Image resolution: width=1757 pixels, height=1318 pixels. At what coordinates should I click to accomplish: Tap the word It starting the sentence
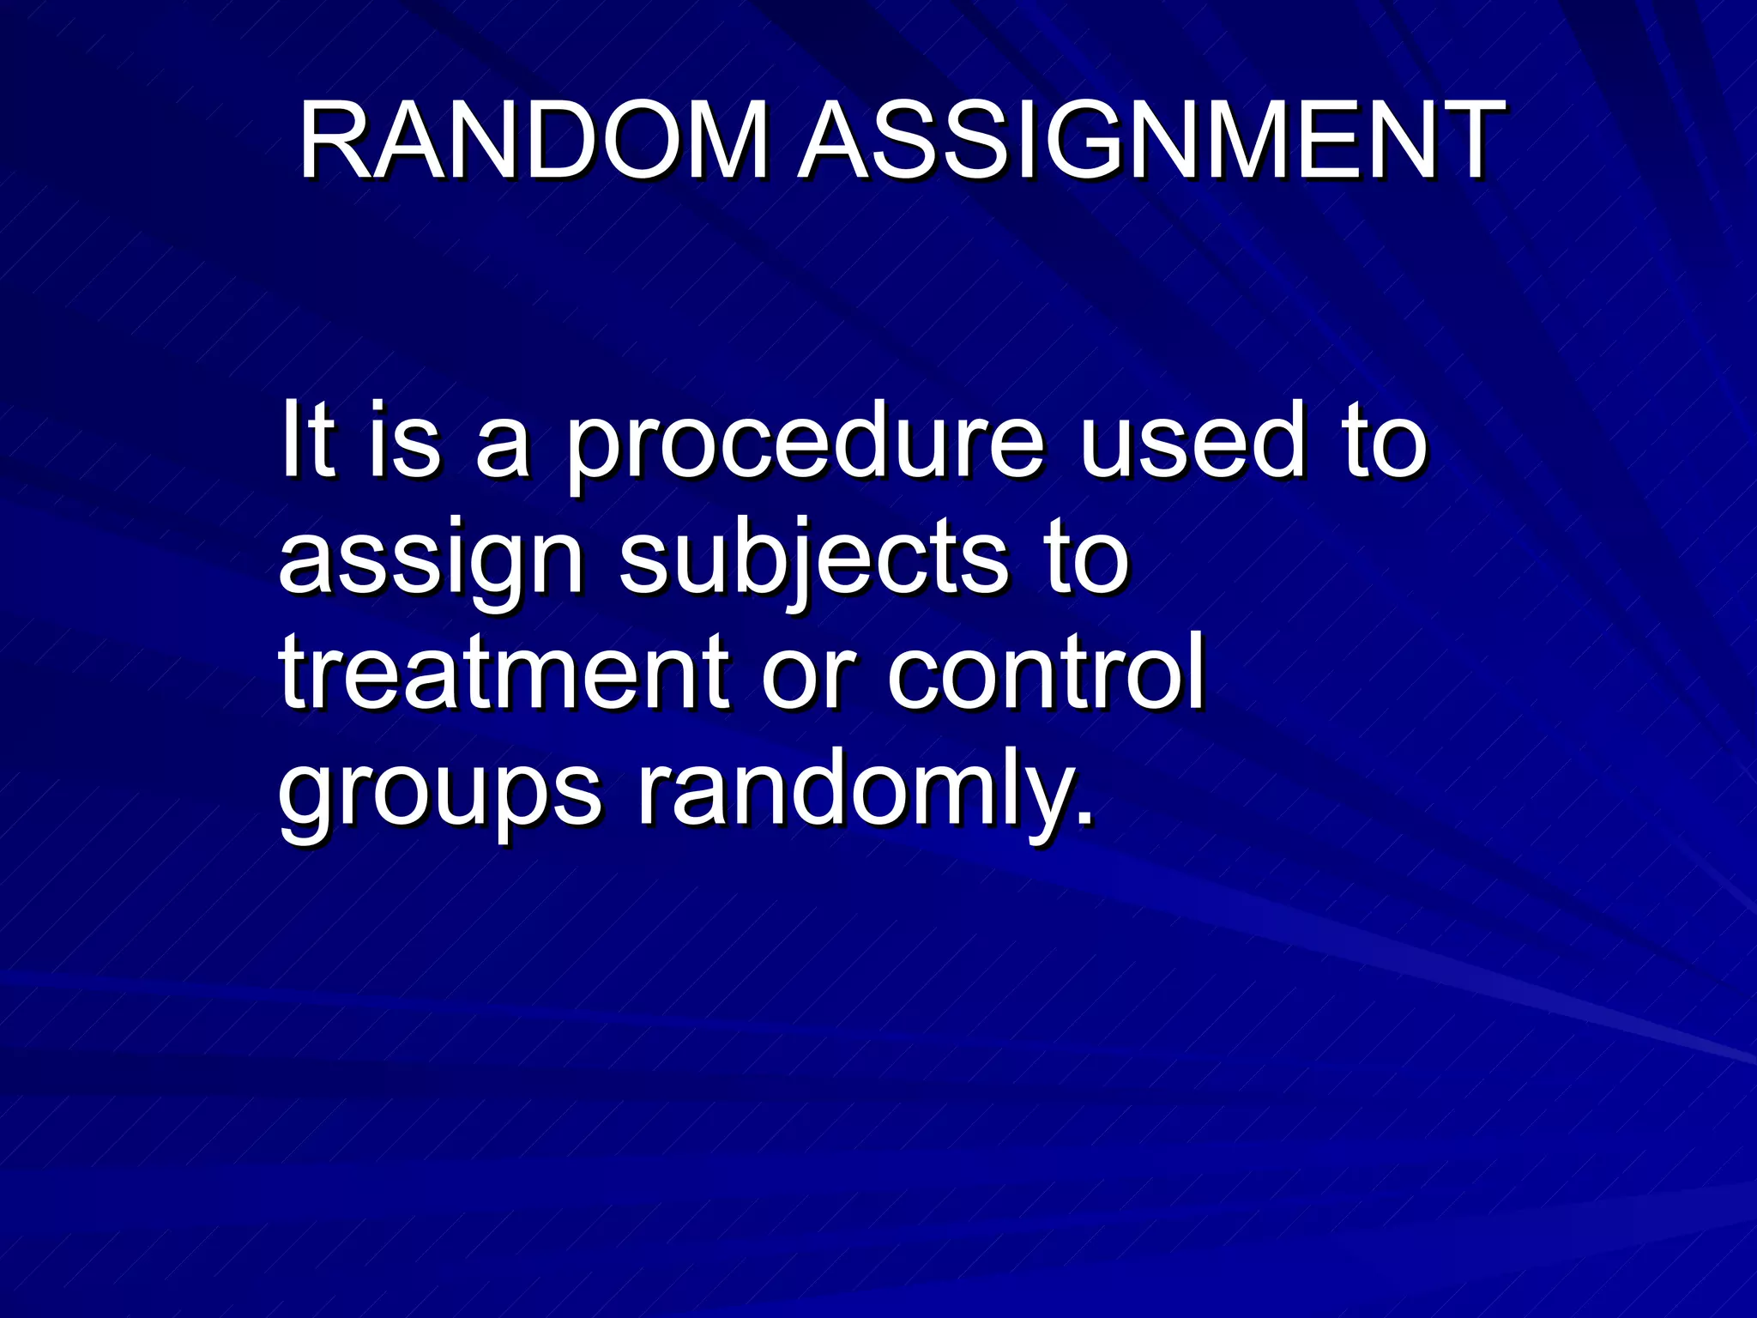(306, 442)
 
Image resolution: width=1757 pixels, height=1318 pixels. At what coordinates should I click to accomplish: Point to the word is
(404, 442)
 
